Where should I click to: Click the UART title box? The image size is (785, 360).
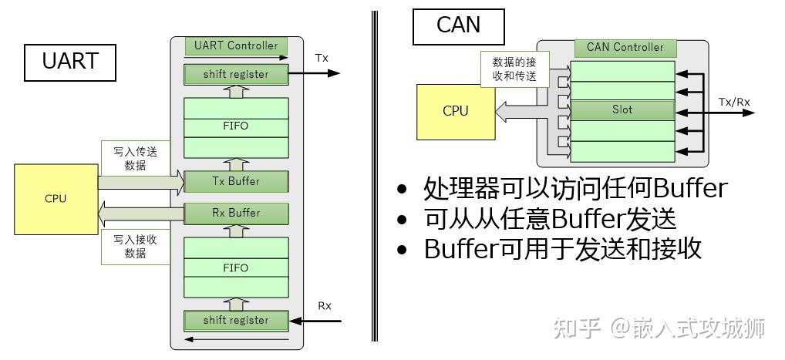click(70, 62)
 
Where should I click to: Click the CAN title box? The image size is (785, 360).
click(458, 25)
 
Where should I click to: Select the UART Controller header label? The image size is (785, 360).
click(236, 45)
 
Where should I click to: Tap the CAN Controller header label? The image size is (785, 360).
click(625, 47)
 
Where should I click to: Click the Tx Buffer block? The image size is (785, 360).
click(236, 182)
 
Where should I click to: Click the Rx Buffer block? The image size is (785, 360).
click(236, 213)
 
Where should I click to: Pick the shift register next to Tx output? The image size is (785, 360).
click(236, 75)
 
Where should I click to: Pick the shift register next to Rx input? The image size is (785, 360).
click(236, 320)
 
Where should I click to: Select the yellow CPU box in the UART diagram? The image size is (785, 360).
click(56, 199)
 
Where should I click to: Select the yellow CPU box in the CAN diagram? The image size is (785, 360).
click(455, 111)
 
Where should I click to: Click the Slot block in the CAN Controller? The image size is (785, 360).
click(622, 109)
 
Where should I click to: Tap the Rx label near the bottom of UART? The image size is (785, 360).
click(325, 306)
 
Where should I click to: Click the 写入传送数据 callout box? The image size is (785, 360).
click(135, 159)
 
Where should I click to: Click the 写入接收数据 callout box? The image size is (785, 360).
click(135, 246)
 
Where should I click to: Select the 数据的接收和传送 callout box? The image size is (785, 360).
click(514, 69)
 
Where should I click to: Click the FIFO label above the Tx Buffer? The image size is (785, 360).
click(236, 126)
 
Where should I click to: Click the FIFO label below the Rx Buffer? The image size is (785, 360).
click(236, 268)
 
